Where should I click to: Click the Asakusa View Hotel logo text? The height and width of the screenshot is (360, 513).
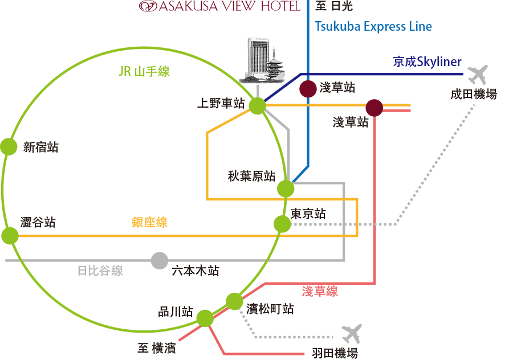click(220, 6)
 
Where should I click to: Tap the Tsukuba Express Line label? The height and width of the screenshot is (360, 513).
click(373, 26)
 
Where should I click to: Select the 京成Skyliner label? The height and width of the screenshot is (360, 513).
click(427, 62)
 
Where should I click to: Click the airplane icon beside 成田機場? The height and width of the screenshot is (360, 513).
click(477, 74)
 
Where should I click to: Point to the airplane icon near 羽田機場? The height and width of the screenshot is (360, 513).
click(351, 333)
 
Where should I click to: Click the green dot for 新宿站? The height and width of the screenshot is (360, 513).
click(9, 147)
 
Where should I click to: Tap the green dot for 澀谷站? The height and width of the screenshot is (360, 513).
click(10, 235)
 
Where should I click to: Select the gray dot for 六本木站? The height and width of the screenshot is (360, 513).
click(160, 260)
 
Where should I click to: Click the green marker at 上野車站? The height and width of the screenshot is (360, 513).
click(258, 105)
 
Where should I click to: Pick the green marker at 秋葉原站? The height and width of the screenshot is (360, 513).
click(285, 189)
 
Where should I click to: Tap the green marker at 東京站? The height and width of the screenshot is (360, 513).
click(282, 224)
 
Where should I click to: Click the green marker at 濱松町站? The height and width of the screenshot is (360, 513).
click(234, 301)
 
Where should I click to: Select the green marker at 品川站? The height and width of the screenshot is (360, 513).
click(205, 318)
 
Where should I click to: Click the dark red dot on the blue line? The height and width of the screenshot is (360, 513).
click(308, 89)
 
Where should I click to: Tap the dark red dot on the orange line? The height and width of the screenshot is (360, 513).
click(374, 107)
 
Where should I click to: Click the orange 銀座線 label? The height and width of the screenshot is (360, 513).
click(149, 222)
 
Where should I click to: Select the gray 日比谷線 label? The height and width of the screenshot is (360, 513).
click(100, 271)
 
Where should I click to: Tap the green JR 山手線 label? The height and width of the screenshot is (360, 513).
click(144, 71)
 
